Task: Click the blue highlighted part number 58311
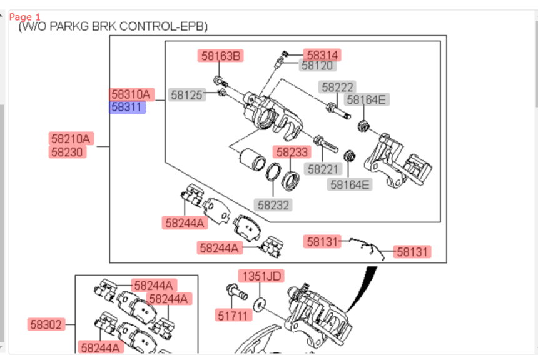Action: point(127,107)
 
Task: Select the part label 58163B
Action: point(221,56)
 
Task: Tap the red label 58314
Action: point(322,54)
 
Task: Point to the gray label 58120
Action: point(317,66)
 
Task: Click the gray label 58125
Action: point(187,94)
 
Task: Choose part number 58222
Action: point(337,87)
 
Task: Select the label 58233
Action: point(292,151)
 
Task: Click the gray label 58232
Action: point(273,205)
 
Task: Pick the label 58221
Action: point(323,169)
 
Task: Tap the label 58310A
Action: point(132,94)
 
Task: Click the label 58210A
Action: point(71,139)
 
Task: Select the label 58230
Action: point(68,151)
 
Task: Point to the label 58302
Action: point(46,324)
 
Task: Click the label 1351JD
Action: point(261,276)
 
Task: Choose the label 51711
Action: point(233,315)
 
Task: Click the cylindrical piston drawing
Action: point(252,159)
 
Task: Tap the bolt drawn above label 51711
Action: point(236,291)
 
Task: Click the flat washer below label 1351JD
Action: point(259,304)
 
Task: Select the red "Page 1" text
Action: point(24,17)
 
